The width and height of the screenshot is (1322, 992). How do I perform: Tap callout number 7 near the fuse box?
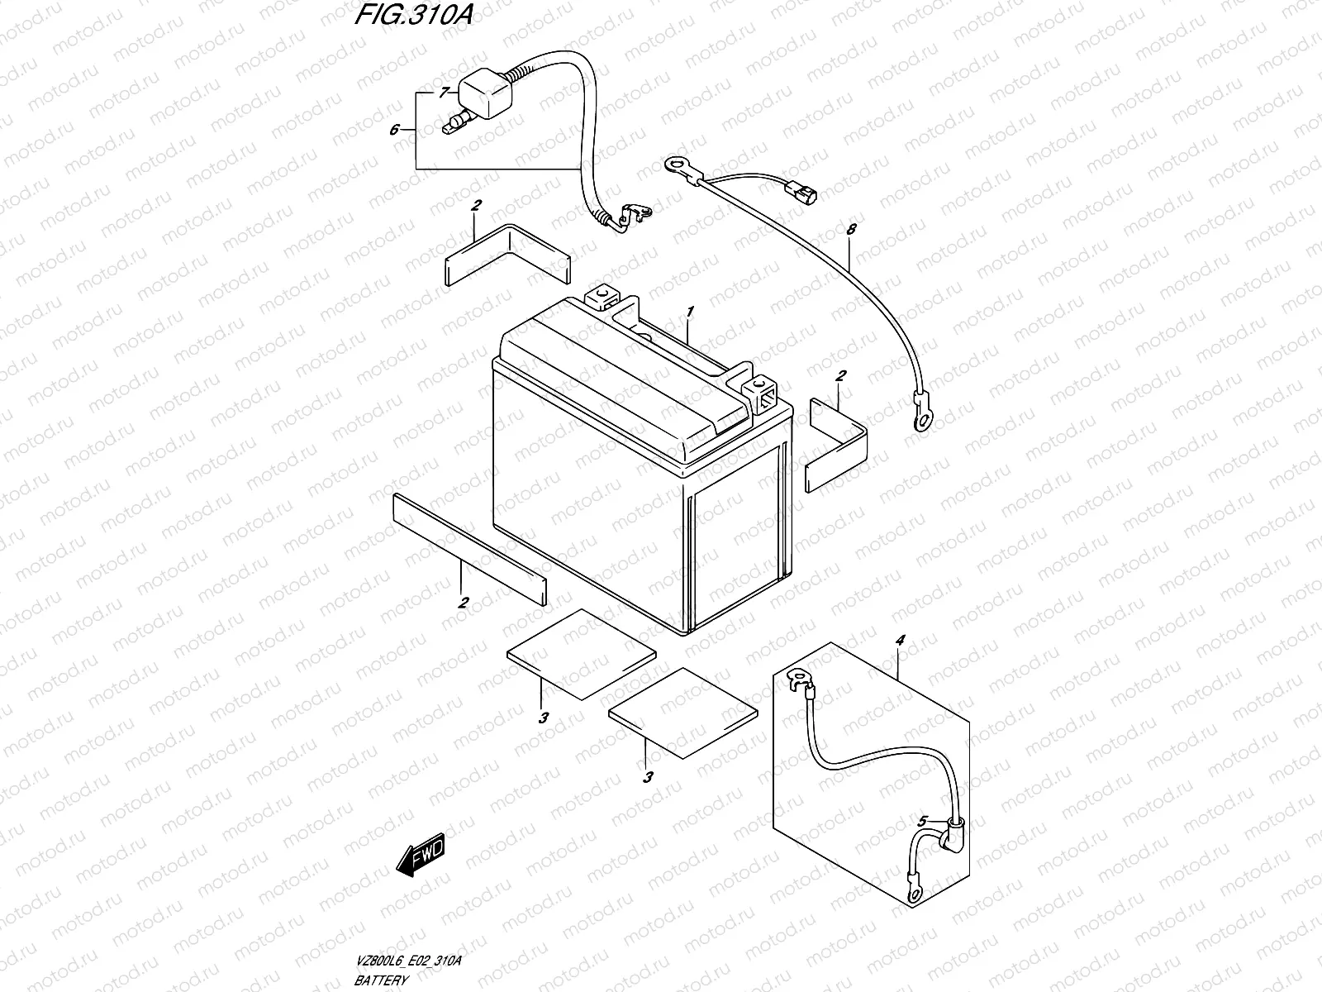pos(443,92)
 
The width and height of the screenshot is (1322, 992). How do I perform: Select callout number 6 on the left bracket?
pos(395,130)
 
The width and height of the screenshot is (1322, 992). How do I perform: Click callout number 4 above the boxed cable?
pos(901,641)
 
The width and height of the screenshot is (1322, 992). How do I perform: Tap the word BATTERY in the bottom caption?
pos(381,980)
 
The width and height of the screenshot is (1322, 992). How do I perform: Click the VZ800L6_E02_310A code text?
pos(407,961)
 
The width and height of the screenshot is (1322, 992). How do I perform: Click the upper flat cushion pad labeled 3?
pos(583,653)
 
